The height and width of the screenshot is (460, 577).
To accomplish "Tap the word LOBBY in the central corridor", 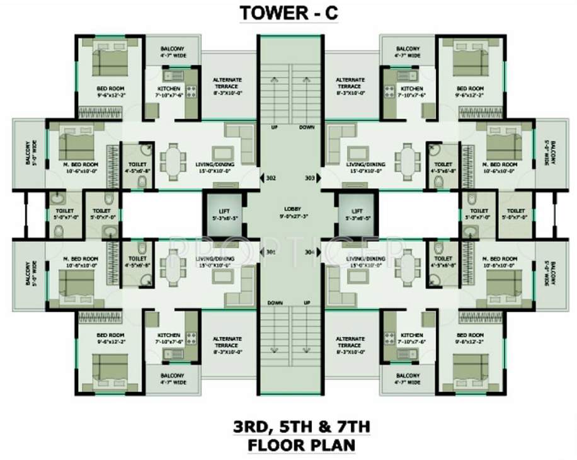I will (292, 209).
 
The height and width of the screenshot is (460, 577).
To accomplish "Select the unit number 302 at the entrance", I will (271, 178).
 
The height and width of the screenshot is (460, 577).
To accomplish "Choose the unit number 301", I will (271, 253).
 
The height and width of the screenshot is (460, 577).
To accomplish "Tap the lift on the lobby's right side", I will (357, 216).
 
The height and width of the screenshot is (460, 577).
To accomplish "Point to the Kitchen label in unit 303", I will (412, 89).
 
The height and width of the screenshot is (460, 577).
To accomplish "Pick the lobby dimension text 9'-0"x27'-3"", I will (292, 216).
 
